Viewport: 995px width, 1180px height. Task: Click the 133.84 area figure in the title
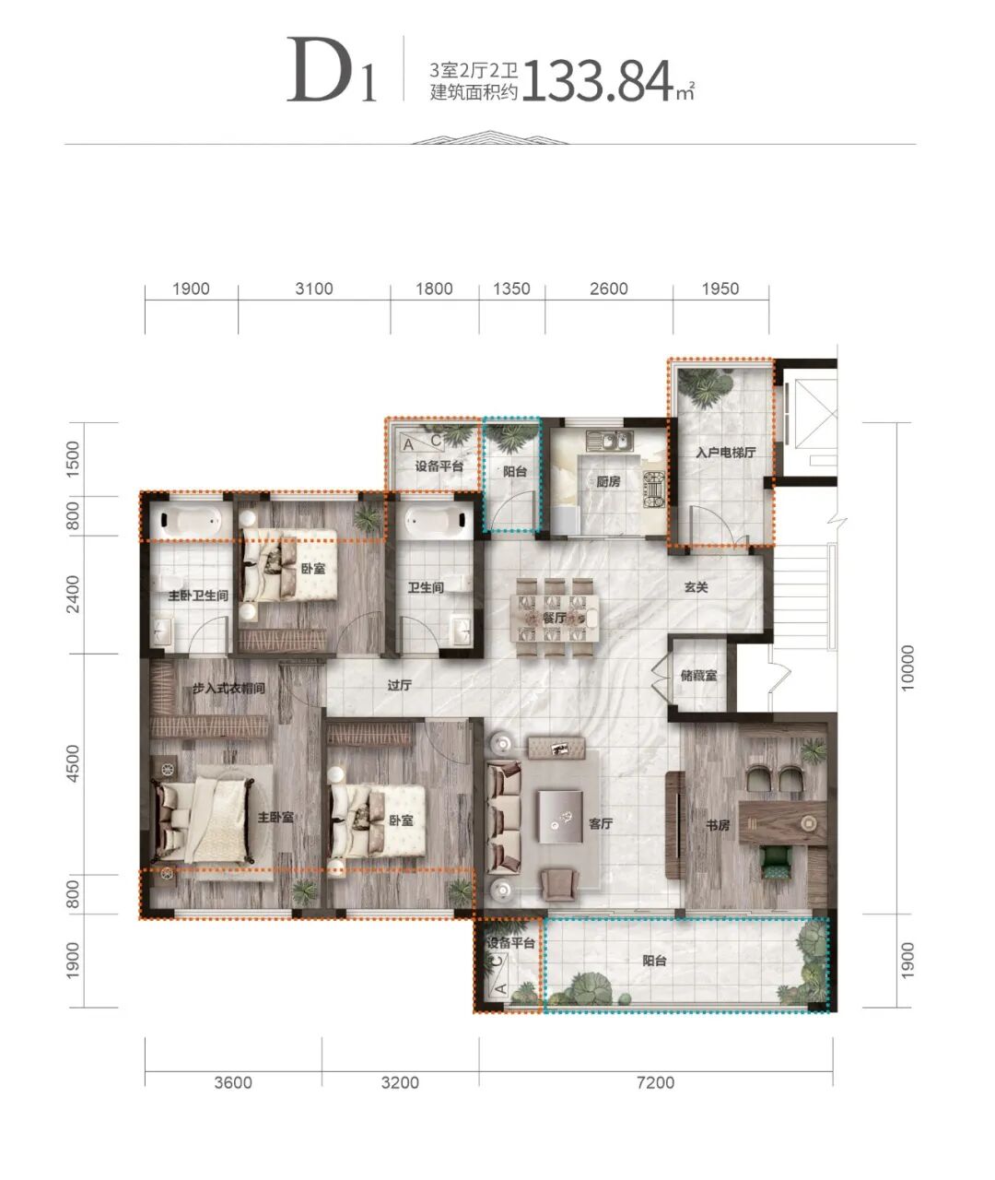(599, 81)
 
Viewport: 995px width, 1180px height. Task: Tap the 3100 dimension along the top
(314, 289)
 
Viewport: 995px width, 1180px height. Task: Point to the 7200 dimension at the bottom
(655, 1083)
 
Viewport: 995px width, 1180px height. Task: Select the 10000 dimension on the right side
(907, 667)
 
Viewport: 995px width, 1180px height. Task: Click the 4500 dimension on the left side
(73, 763)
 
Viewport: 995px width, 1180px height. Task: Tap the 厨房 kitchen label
(608, 481)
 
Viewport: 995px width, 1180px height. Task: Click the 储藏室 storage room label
(698, 675)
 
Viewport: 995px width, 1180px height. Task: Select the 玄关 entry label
(696, 587)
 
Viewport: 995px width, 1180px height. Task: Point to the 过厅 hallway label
(399, 686)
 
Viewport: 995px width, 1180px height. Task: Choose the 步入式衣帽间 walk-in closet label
(228, 689)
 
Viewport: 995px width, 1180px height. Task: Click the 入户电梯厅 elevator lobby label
(726, 452)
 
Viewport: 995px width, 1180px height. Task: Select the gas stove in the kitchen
(653, 489)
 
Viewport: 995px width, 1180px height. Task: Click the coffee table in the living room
(560, 816)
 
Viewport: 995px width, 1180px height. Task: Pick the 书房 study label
(717, 825)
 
